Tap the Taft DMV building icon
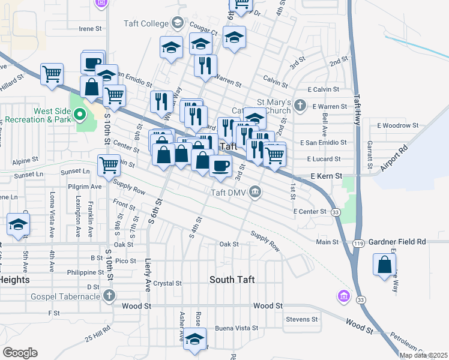tap(255, 192)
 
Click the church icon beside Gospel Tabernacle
tap(109, 295)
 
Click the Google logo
tap(20, 353)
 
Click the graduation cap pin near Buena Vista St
tap(194, 339)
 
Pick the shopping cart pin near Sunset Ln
tap(109, 165)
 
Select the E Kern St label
tap(326, 176)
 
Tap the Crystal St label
tap(167, 283)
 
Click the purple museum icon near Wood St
tap(343, 296)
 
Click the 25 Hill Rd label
tap(97, 334)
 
